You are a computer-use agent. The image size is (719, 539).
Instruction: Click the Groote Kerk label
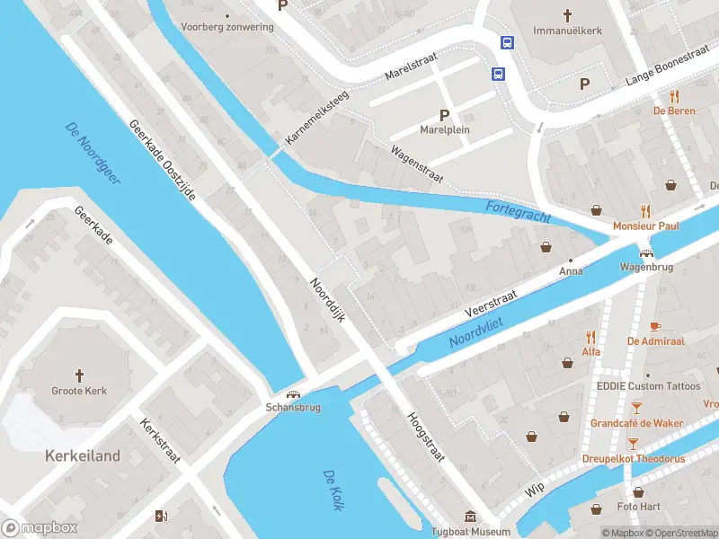tap(79, 391)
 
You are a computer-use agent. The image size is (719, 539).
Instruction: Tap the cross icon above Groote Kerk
tap(79, 375)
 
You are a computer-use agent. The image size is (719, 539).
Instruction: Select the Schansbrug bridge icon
tap(293, 393)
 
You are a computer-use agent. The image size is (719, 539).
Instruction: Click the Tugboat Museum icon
tap(470, 517)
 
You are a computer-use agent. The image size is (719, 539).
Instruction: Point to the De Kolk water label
tap(333, 490)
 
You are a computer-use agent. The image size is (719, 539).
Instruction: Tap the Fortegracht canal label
tap(517, 213)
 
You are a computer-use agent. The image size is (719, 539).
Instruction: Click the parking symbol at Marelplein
tap(443, 114)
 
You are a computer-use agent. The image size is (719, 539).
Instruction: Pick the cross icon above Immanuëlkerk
tap(566, 15)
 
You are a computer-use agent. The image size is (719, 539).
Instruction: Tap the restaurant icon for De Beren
tap(673, 96)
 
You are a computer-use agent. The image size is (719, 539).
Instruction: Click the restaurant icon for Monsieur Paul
tap(644, 212)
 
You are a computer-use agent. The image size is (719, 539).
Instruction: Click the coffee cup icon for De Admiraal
tap(655, 326)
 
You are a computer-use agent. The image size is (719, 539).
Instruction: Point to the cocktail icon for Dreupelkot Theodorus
tap(635, 443)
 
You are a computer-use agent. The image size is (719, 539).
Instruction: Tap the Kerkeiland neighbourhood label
tap(83, 456)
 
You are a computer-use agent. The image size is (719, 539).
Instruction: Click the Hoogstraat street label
tap(426, 437)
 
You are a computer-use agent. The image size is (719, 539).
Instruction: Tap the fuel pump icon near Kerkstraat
tap(161, 515)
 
